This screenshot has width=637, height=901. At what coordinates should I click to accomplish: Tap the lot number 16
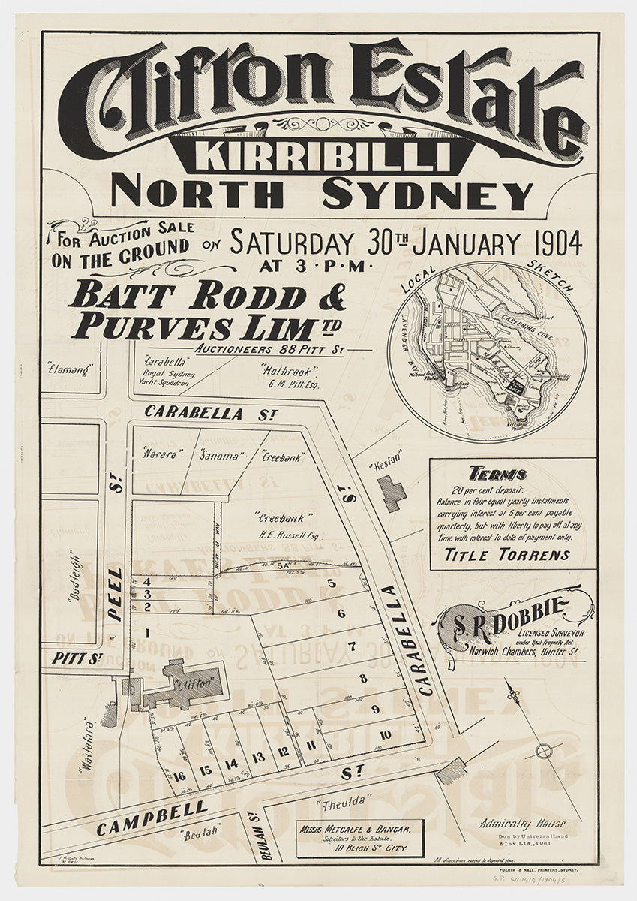[x=180, y=776]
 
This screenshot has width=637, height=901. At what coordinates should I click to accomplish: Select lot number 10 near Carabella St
[x=386, y=735]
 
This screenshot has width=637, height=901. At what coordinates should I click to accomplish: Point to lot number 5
[x=330, y=583]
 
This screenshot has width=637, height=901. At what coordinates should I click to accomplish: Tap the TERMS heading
[x=497, y=474]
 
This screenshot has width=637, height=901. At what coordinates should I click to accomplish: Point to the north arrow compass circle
[x=545, y=750]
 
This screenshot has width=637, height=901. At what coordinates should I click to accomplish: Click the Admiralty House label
[x=523, y=823]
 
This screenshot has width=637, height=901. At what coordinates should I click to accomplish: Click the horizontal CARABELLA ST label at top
[x=194, y=413]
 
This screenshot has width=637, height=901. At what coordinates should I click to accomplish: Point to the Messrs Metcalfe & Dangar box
[x=359, y=837]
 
